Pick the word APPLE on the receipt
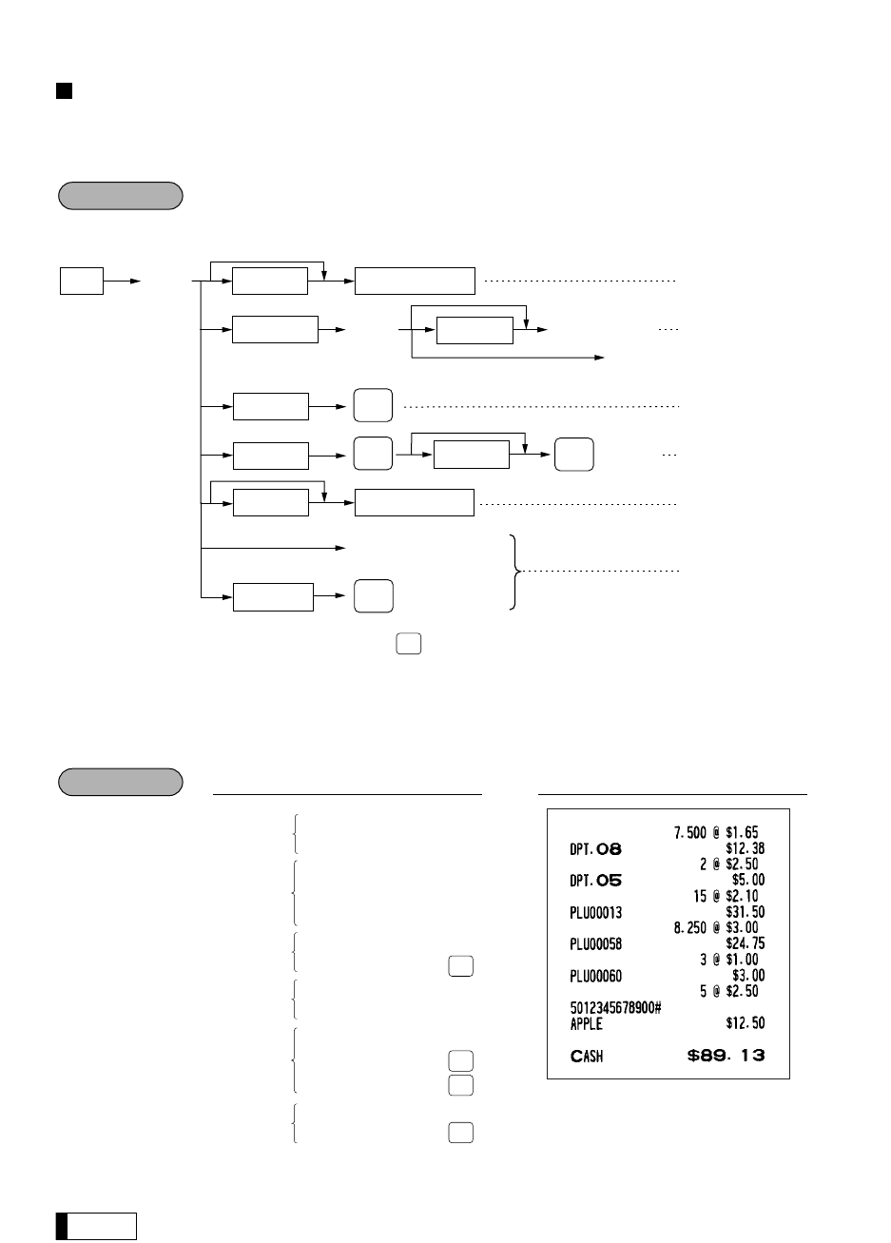580,1024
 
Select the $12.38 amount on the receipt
745,849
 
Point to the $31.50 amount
745,912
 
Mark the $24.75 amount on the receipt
745,943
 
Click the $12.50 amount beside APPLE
745,1024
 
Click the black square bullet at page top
64,91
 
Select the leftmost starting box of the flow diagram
81,282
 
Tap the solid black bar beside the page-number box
61,1226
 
